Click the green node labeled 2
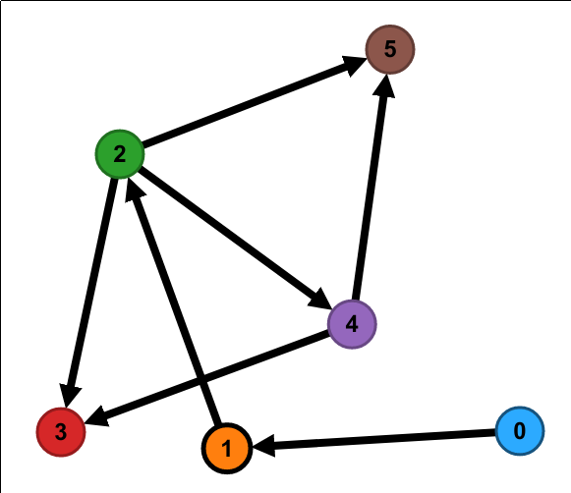click(120, 154)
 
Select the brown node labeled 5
click(390, 49)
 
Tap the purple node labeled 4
click(352, 324)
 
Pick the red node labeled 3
click(61, 432)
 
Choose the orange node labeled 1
click(227, 448)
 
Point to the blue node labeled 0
click(520, 431)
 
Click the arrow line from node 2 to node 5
click(255, 102)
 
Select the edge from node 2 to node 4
click(236, 238)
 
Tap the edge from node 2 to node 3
click(91, 292)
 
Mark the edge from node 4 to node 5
click(371, 187)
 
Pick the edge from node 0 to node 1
click(374, 439)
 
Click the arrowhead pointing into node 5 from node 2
click(354, 66)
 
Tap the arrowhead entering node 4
click(320, 300)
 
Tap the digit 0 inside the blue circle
click(520, 431)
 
